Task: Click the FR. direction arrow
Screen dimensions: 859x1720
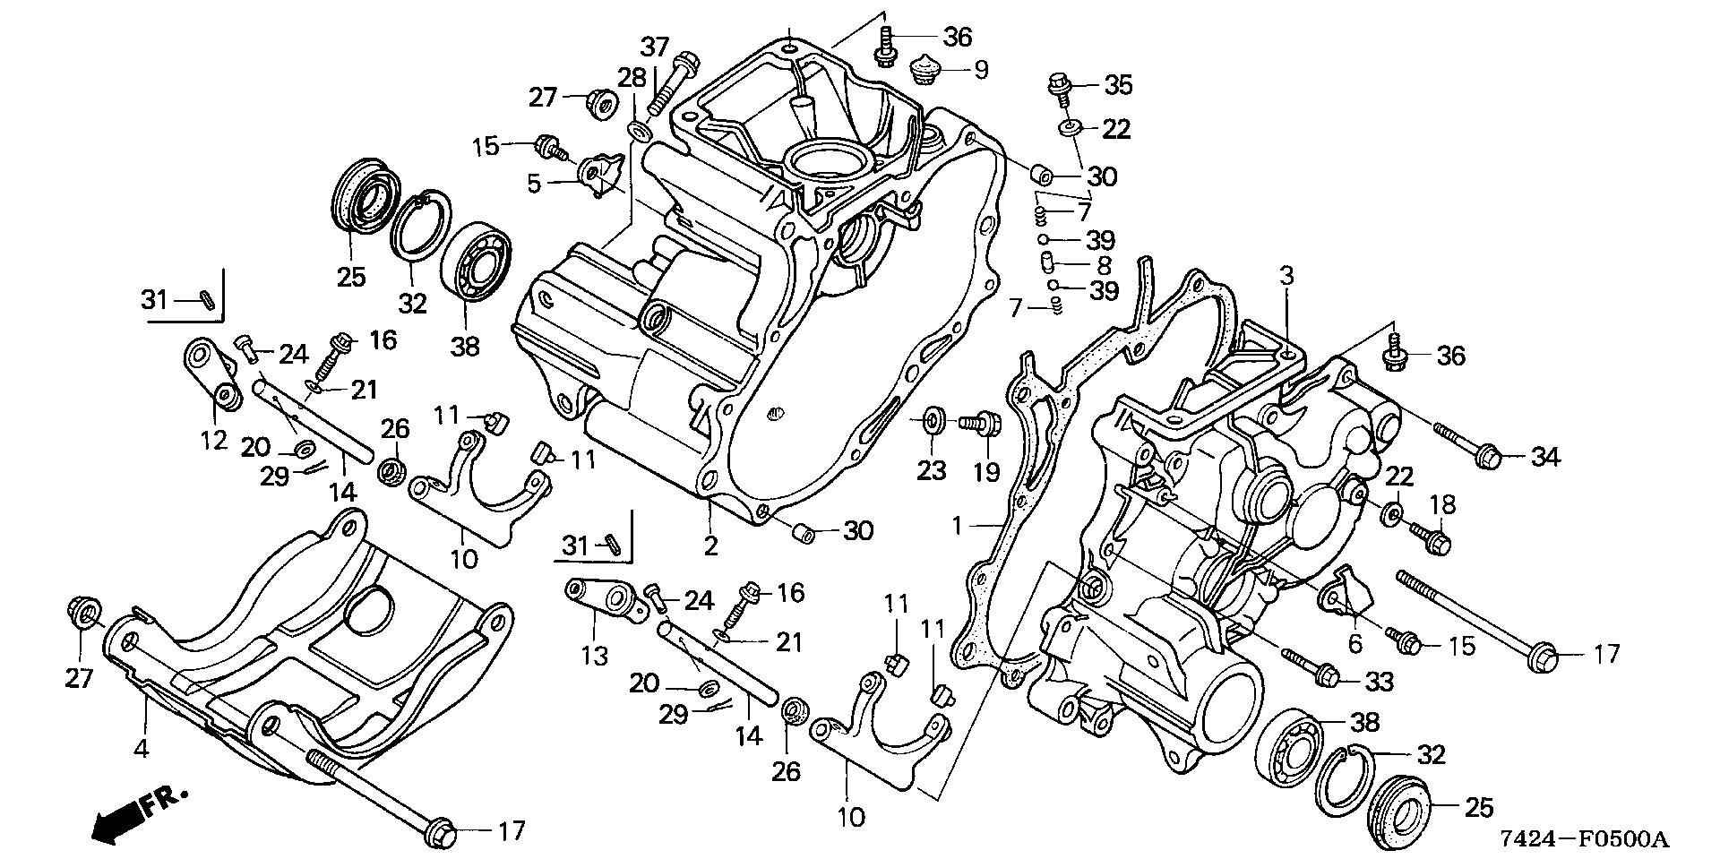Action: [x=139, y=812]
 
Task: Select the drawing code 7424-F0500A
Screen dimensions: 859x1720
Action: [x=1586, y=839]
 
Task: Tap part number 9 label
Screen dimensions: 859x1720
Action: [x=981, y=70]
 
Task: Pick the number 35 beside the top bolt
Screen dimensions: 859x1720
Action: [x=1118, y=85]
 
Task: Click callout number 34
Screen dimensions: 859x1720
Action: [x=1545, y=458]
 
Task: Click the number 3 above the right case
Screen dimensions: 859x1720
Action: [x=1286, y=276]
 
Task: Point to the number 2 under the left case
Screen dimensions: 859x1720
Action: [x=710, y=545]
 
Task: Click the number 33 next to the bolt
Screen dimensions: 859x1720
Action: [x=1380, y=683]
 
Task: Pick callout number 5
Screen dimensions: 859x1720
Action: [x=534, y=185]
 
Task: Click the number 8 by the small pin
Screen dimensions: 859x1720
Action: [x=1104, y=265]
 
